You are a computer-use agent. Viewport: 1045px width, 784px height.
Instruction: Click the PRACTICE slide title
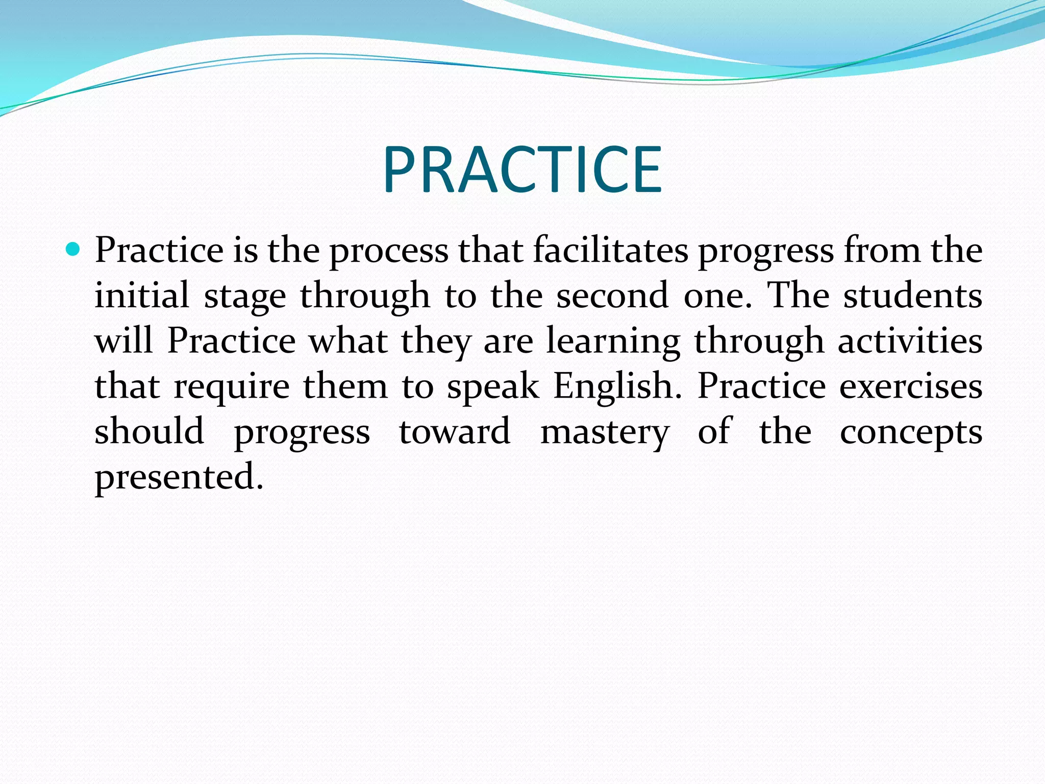click(x=522, y=169)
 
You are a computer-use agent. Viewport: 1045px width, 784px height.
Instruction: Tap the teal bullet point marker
click(x=73, y=250)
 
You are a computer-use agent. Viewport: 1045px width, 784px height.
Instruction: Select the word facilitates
click(x=611, y=250)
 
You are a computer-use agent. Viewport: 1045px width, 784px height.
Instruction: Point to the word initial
click(x=142, y=296)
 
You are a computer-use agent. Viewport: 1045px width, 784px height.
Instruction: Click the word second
click(x=612, y=296)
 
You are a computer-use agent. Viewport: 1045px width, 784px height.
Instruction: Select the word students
click(x=912, y=296)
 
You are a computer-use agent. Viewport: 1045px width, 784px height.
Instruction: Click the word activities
click(x=910, y=340)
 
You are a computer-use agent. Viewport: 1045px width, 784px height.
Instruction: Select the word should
click(x=150, y=431)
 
